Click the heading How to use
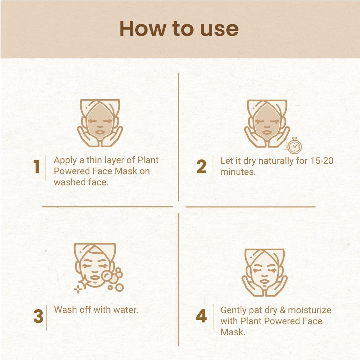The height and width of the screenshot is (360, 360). [179, 29]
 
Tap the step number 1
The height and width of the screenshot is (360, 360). [37, 167]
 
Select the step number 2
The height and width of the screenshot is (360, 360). [202, 167]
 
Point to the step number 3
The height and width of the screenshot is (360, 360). [38, 316]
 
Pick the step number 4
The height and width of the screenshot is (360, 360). [201, 316]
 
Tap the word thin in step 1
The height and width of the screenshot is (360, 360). [94, 160]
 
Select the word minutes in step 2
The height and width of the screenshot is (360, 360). [238, 172]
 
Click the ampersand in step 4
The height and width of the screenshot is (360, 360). [283, 310]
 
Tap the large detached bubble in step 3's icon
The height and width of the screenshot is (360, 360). [119, 287]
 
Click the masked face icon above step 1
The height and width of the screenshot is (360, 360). [100, 123]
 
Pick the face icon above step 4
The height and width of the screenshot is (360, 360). [265, 272]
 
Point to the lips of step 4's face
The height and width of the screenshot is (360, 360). [264, 281]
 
